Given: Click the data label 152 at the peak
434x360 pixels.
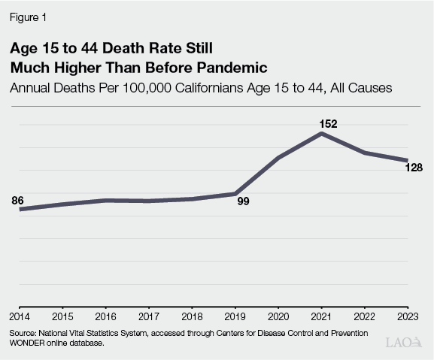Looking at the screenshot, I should [x=322, y=123].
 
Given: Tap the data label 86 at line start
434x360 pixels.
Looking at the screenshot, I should [x=18, y=201].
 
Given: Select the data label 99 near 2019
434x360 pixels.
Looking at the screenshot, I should [x=243, y=202].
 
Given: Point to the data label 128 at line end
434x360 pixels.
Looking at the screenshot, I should [x=413, y=168].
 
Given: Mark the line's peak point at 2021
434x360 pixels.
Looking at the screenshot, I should [x=322, y=134].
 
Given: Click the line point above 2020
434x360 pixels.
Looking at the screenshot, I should [x=278, y=158].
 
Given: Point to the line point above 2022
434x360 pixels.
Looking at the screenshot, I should [x=365, y=153].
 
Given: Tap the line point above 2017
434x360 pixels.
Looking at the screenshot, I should [x=149, y=201].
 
